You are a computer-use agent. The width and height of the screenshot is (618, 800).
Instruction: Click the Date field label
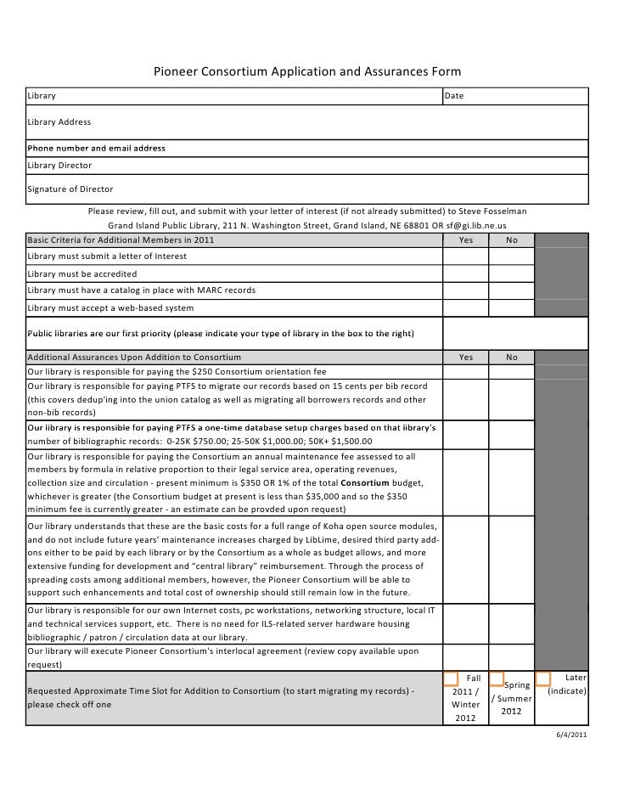[454, 96]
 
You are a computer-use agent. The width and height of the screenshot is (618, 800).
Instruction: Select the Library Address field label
[59, 122]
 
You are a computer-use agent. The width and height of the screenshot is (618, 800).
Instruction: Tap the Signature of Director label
[70, 189]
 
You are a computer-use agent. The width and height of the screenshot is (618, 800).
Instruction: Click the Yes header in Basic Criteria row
[466, 240]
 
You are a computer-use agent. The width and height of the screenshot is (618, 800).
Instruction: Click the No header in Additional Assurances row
[512, 358]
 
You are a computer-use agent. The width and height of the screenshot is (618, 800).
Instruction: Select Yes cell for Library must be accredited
[466, 274]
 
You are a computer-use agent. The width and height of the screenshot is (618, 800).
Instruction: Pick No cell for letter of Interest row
[512, 256]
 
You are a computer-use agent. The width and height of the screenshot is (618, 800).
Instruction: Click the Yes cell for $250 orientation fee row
[466, 372]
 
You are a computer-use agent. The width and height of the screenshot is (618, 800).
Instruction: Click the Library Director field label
[59, 165]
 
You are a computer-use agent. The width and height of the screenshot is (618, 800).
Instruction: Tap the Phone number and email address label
[96, 149]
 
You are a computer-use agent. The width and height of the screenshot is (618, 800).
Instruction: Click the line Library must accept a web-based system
[110, 307]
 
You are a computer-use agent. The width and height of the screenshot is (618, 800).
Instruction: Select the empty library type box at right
[514, 333]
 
